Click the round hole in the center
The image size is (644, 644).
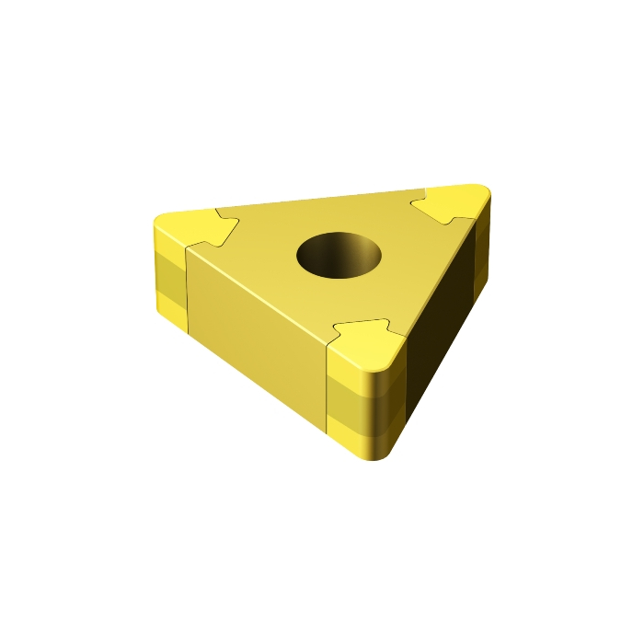[x=339, y=253]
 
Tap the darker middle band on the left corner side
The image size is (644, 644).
[x=168, y=273]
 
